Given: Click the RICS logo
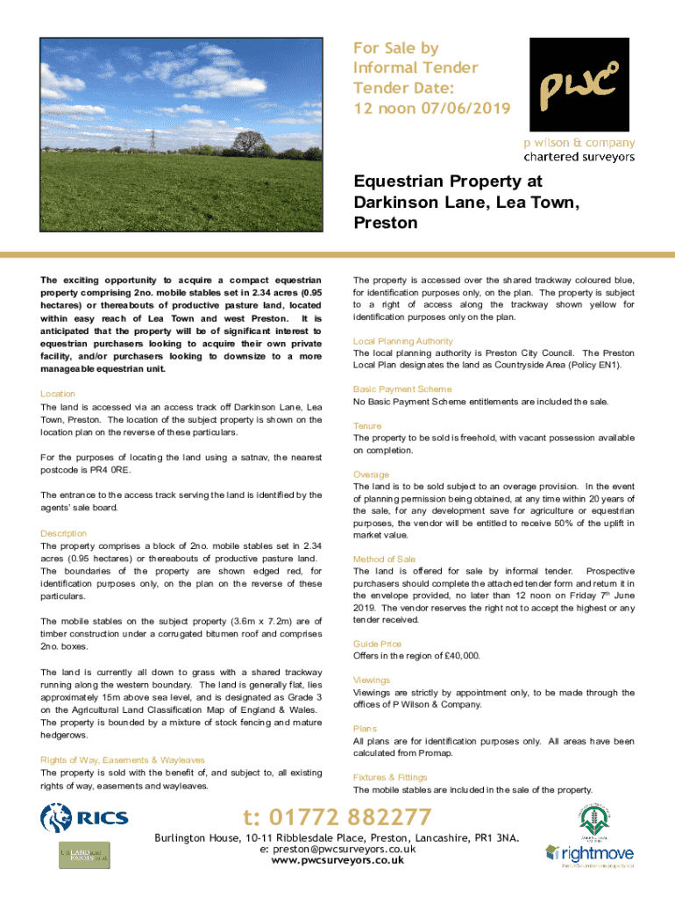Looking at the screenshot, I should pos(85,818).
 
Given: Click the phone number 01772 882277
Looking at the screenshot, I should pos(337,817).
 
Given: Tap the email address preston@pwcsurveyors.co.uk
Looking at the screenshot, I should pos(337,850).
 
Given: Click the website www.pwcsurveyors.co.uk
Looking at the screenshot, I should pos(337,861).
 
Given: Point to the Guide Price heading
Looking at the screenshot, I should pos(377,644).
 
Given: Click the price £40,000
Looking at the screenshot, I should pos(458,656).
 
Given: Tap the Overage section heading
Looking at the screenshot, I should pos(371,474).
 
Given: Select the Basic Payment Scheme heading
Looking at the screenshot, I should pos(402,388).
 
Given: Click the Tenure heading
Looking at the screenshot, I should pos(368,425).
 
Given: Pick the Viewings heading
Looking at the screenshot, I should pos(373,680).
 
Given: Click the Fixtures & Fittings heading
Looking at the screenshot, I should pos(390,777).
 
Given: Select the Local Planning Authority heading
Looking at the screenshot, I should pos(403,340).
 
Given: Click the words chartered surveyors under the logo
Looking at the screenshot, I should pos(579,157).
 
